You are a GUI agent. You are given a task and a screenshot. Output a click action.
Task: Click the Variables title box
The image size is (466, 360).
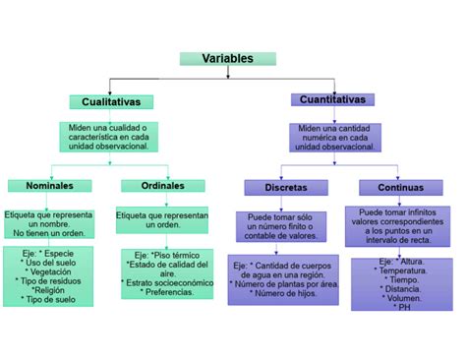click(227, 59)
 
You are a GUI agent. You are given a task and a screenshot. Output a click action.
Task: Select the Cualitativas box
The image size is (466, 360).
click(110, 102)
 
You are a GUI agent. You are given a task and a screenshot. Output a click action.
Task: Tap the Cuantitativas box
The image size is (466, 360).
click(334, 100)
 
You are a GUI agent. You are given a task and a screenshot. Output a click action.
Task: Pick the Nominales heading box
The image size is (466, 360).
click(49, 186)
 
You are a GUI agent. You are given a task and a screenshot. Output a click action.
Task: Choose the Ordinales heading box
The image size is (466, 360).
click(163, 186)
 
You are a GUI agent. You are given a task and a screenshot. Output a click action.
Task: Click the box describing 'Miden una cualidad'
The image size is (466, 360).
click(108, 137)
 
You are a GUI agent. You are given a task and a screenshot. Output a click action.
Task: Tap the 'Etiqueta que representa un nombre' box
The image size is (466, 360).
click(49, 223)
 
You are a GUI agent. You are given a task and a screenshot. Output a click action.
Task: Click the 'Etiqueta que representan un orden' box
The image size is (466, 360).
click(163, 219)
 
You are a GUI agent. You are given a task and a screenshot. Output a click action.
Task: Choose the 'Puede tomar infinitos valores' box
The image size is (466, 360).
click(395, 225)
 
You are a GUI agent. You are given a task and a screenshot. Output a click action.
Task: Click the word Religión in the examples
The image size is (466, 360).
click(49, 290)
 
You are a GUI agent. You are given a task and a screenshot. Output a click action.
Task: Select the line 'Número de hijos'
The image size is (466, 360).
click(285, 293)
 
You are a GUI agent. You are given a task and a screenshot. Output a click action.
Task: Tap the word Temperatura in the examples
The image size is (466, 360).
click(395, 269)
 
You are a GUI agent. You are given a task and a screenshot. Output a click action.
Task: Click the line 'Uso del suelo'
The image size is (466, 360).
click(49, 262)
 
